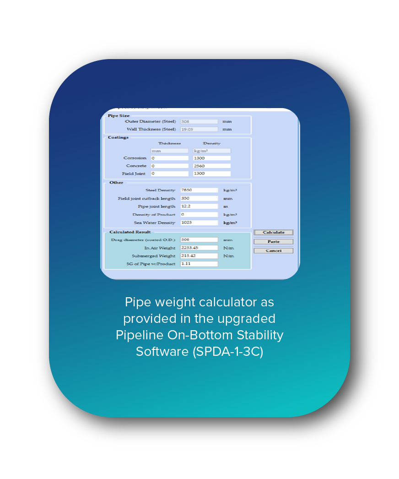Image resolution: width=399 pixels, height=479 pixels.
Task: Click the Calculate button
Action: tap(273, 232)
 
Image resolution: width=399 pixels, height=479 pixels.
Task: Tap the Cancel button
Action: tap(273, 250)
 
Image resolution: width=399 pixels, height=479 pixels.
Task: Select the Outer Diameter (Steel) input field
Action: tap(199, 121)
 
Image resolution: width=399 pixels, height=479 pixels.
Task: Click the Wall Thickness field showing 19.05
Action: tap(199, 129)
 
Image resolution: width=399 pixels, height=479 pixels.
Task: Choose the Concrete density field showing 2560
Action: tap(211, 166)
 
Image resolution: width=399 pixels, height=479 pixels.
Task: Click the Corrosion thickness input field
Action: tap(169, 158)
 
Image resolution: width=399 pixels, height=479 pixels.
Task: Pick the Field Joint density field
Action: tap(211, 174)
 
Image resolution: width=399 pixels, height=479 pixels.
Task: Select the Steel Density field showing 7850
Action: tap(199, 190)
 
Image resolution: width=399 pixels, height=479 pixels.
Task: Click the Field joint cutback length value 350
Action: tap(199, 198)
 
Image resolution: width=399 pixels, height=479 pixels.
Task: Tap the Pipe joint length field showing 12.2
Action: tap(199, 207)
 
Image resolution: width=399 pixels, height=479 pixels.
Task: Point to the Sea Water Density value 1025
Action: tap(199, 223)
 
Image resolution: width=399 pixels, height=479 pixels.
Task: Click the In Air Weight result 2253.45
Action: tap(199, 248)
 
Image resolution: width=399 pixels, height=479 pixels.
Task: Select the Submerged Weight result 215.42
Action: tap(199, 256)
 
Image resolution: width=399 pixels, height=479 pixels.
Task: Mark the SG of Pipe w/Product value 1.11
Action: tap(199, 264)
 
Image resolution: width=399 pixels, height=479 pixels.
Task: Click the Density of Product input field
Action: tap(199, 214)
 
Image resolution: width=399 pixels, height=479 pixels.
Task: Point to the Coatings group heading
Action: tap(118, 137)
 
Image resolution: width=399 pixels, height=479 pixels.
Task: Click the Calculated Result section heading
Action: tap(130, 232)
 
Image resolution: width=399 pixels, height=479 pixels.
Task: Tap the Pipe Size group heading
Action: tap(119, 115)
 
